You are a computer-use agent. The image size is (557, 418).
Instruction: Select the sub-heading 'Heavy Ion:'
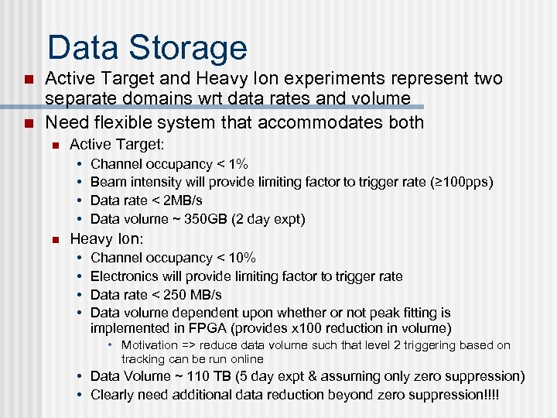[107, 238]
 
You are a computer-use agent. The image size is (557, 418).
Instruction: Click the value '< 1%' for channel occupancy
[232, 164]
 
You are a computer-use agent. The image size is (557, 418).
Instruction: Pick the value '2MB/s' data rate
[183, 201]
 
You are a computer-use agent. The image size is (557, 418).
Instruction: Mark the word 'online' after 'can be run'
[247, 359]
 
